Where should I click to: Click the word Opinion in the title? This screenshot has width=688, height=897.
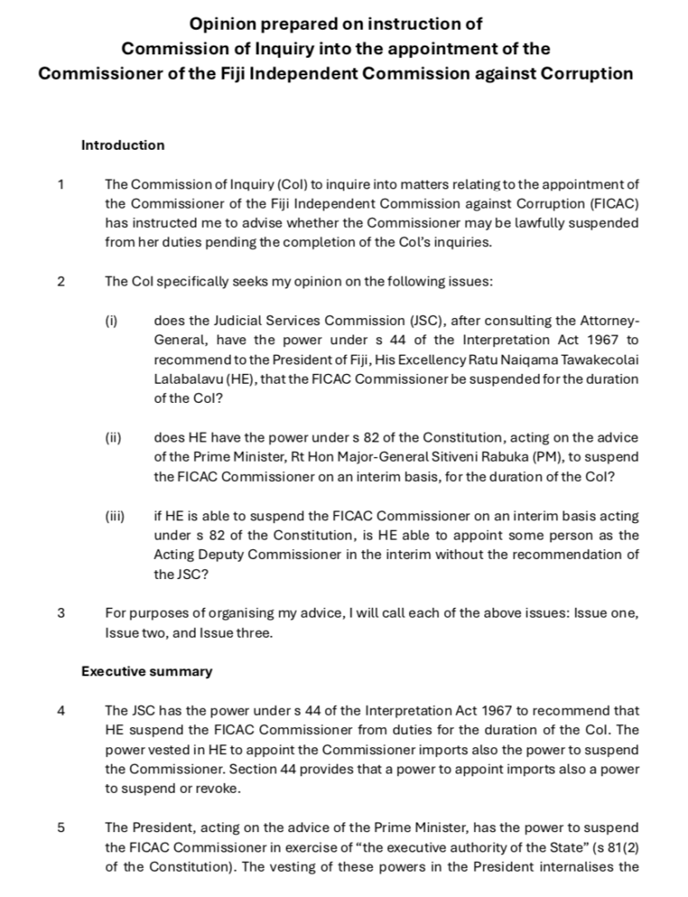coord(229,23)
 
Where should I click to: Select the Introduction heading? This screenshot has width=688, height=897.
coord(123,145)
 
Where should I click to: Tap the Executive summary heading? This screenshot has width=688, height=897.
coord(146,672)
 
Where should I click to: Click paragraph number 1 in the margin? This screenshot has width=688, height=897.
coord(60,184)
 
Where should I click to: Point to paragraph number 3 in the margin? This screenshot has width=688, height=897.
coord(60,613)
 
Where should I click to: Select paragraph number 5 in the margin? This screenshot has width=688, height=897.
coord(60,828)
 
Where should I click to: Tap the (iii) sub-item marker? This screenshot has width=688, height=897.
coord(115,517)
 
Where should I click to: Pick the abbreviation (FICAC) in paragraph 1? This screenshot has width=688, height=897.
coord(611,203)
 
